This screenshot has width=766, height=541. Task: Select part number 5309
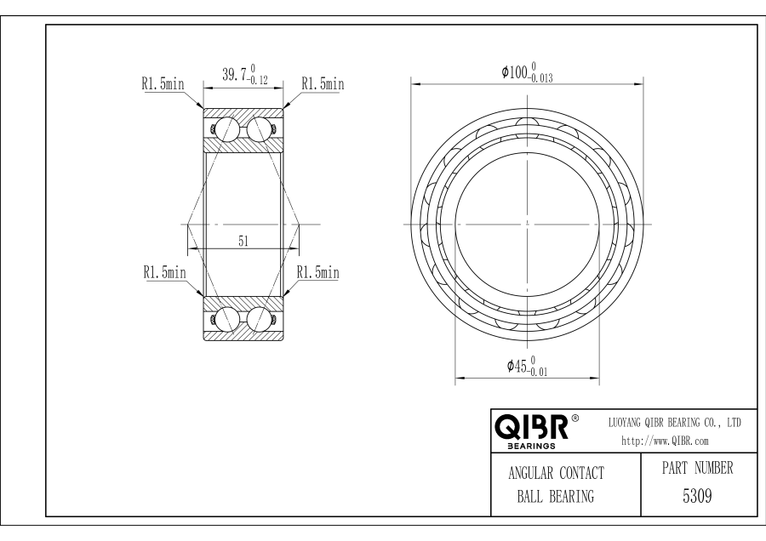tap(696, 496)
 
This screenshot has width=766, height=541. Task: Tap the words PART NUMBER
tap(697, 468)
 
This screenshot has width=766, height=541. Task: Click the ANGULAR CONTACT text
tap(556, 473)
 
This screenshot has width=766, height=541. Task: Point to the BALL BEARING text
tap(556, 497)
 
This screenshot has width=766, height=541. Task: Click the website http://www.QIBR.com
tap(665, 441)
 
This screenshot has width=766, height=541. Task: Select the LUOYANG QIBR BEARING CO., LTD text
tap(674, 423)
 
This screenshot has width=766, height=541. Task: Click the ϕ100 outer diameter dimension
tap(527, 72)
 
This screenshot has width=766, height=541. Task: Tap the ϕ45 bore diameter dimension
tap(527, 367)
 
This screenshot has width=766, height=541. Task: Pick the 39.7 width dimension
tap(245, 74)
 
